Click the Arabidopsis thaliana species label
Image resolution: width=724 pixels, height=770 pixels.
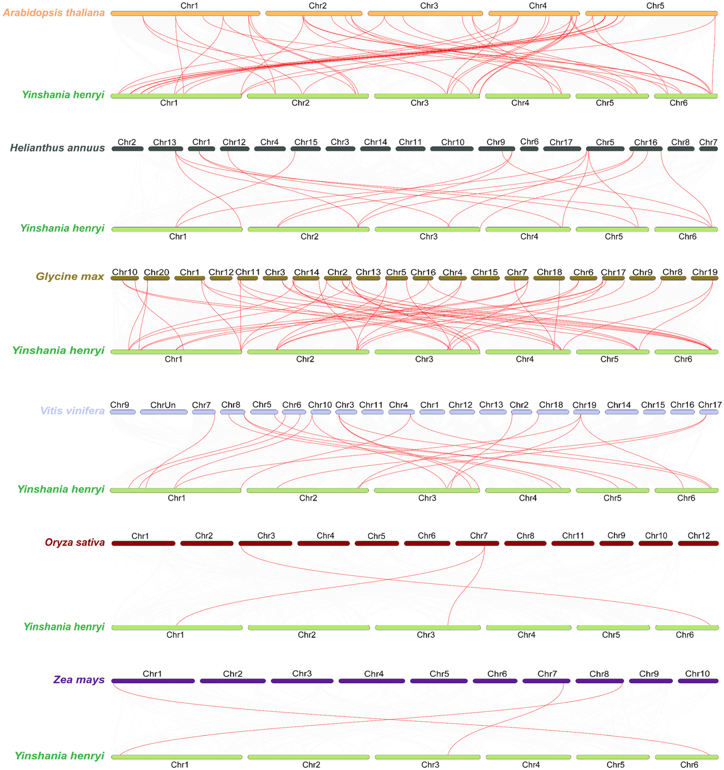tap(54, 13)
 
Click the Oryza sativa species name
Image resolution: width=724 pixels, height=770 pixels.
tap(75, 542)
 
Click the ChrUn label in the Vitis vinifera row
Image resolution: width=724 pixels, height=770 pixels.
tap(163, 405)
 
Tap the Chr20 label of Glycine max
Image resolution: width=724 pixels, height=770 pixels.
tap(156, 272)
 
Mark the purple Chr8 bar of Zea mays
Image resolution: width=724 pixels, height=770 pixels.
tap(599, 681)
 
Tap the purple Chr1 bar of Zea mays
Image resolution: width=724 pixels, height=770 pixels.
tap(153, 681)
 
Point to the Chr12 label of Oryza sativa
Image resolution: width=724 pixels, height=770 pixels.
tap(698, 536)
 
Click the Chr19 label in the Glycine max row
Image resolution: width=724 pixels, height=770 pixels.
tap(705, 272)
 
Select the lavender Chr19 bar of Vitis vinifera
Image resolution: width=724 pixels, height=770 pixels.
tap(586, 412)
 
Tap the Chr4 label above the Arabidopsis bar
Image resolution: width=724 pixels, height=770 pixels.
tap(538, 6)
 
